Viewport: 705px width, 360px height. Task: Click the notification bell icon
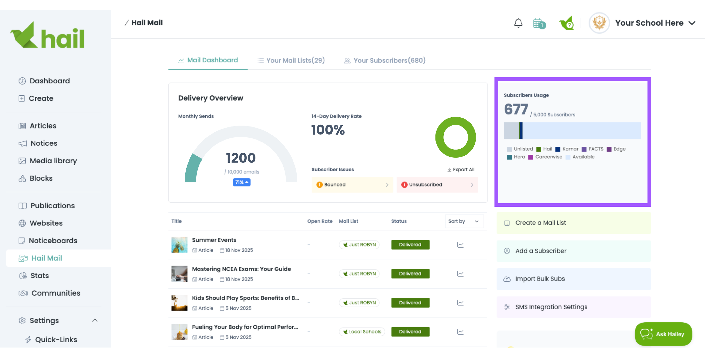point(518,23)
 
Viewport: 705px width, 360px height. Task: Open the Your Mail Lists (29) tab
point(291,60)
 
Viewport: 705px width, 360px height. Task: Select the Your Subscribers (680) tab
point(385,60)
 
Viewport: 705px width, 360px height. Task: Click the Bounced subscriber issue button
point(352,185)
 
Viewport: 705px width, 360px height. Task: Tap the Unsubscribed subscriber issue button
point(437,185)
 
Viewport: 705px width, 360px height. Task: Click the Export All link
point(461,170)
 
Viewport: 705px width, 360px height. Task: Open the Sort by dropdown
point(464,221)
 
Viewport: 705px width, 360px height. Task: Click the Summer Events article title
point(214,240)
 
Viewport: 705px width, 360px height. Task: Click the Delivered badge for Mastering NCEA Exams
point(410,274)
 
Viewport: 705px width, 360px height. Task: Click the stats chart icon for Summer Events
point(460,245)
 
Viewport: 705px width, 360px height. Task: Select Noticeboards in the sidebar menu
point(53,241)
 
